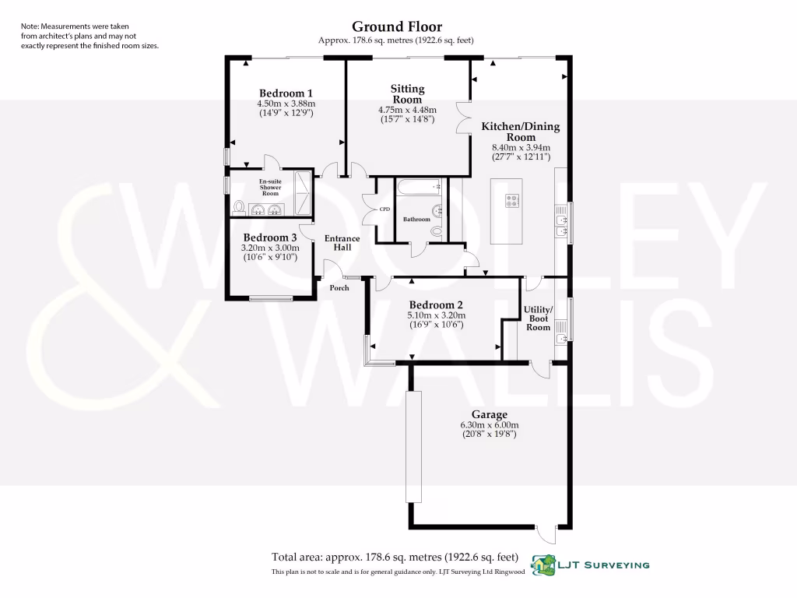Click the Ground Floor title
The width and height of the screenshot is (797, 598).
397,27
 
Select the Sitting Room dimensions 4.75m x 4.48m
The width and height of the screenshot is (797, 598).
407,110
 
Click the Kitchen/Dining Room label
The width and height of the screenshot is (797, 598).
520,132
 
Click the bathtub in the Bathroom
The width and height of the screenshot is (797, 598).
419,188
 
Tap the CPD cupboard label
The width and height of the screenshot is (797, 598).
384,209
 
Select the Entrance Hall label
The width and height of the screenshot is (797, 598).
342,243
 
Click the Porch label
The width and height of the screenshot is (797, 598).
339,287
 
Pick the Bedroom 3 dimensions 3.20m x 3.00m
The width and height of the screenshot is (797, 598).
269,248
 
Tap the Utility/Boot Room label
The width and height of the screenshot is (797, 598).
539,318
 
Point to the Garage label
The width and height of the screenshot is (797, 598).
489,415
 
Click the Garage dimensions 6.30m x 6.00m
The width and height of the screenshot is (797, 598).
489,425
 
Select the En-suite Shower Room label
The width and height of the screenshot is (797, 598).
270,187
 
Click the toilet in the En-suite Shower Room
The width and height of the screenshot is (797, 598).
239,208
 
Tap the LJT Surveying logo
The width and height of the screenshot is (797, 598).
590,564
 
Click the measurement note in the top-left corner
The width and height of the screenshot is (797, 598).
90,36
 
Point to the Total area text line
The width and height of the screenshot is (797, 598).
395,557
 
